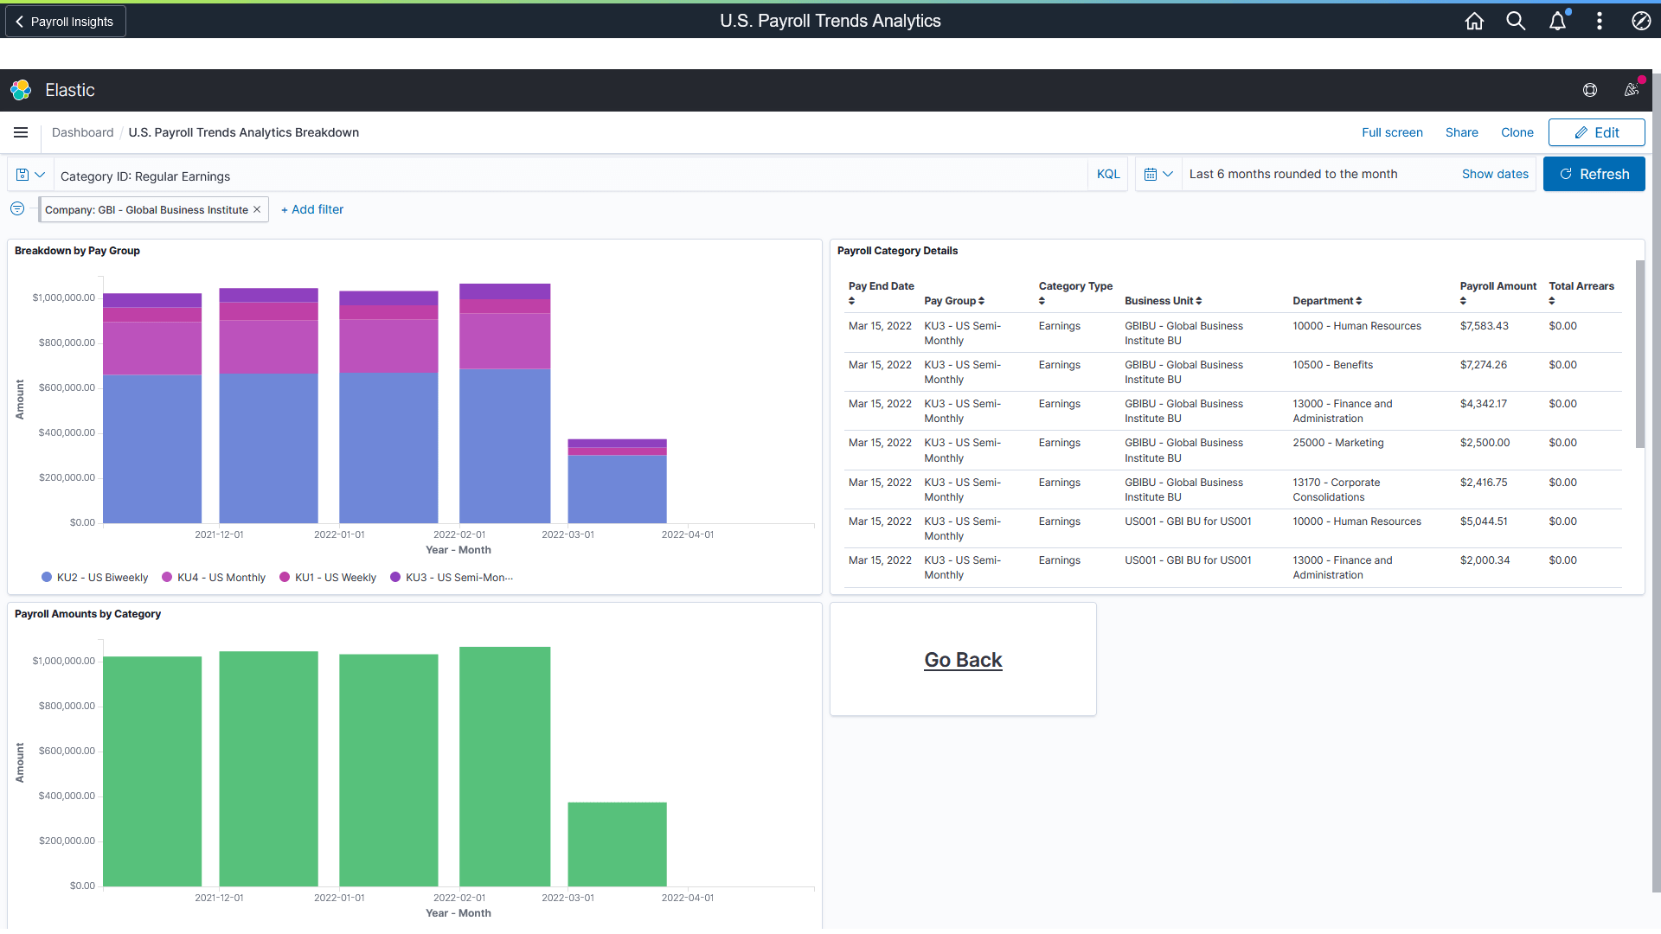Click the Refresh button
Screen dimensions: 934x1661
click(x=1594, y=174)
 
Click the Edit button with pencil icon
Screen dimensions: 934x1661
click(x=1596, y=132)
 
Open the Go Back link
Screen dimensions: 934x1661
click(x=963, y=660)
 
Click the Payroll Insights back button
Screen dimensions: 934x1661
click(x=66, y=22)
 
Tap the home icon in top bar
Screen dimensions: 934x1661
click(x=1474, y=22)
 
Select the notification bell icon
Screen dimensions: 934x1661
click(x=1557, y=22)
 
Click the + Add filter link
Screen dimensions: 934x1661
click(x=312, y=209)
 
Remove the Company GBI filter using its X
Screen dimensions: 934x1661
click(x=257, y=209)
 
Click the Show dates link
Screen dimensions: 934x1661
click(x=1495, y=174)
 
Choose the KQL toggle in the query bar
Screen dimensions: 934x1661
click(x=1108, y=174)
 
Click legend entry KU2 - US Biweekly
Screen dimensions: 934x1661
click(x=95, y=578)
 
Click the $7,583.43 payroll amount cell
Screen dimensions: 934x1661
click(x=1484, y=326)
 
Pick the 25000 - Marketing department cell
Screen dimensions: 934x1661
click(x=1338, y=443)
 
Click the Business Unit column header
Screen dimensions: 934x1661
click(x=1163, y=301)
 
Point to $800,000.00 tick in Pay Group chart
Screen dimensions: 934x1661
click(x=67, y=342)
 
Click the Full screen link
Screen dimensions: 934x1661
click(x=1392, y=132)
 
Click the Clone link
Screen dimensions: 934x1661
click(x=1517, y=132)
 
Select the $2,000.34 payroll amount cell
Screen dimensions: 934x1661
click(x=1485, y=560)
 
